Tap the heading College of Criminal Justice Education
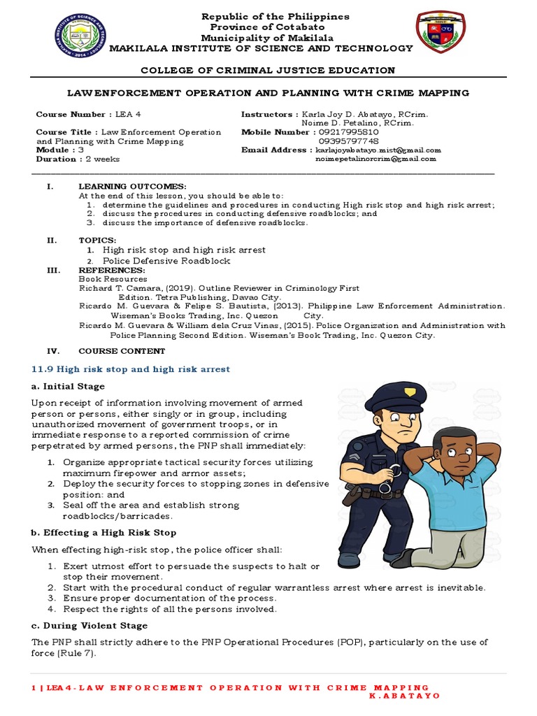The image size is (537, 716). (268, 70)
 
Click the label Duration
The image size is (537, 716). (56, 159)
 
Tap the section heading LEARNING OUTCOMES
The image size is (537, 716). (132, 187)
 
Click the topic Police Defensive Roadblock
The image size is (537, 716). (166, 261)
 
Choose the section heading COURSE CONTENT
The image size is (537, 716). (122, 351)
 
